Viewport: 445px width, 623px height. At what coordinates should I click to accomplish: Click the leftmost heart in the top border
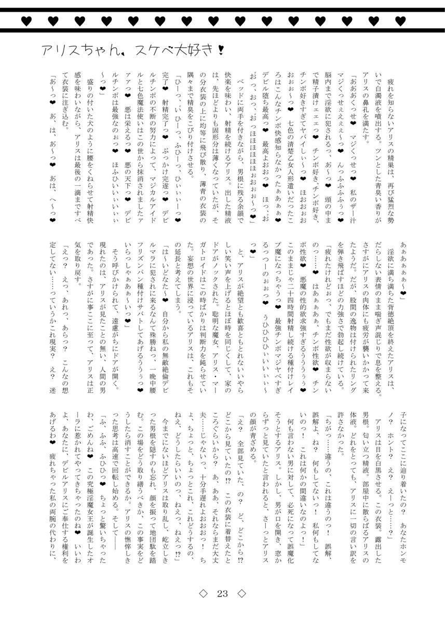(x=25, y=21)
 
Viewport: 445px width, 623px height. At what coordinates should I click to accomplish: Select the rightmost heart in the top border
(x=399, y=21)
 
